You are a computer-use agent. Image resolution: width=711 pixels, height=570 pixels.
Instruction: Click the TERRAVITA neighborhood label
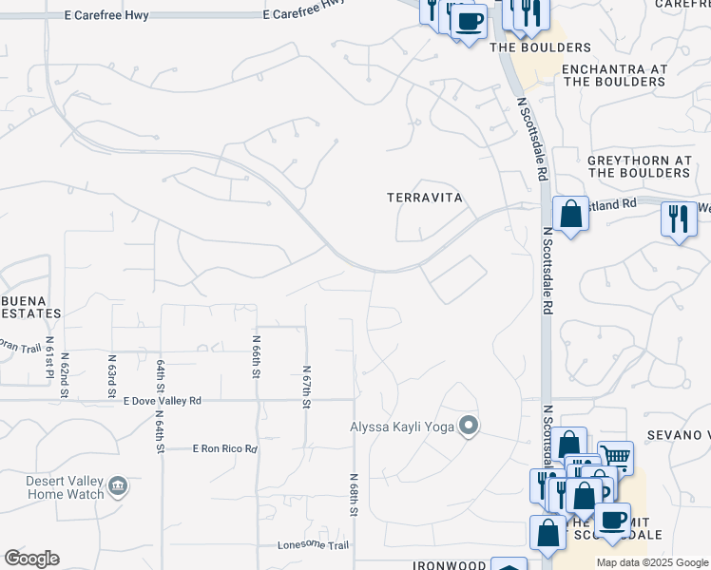(424, 198)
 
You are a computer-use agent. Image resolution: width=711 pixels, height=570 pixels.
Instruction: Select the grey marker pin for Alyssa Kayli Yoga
(468, 427)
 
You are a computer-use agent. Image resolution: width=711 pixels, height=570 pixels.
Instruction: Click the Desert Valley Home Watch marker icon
(118, 487)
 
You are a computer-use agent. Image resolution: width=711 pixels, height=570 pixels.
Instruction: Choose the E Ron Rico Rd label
(224, 448)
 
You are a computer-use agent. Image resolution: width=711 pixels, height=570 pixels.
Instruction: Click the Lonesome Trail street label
(313, 545)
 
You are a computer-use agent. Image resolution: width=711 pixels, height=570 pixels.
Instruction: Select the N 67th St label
(306, 387)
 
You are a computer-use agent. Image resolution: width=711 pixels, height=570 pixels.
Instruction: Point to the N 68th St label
(354, 495)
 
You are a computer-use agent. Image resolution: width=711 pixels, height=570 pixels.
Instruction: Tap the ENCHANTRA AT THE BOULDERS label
(614, 76)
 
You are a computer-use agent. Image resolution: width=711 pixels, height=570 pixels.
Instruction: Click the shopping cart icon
(616, 459)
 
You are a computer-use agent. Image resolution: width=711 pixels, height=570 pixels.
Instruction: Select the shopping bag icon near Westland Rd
(570, 213)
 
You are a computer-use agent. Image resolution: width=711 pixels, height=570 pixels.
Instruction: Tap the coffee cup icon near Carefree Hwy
(469, 19)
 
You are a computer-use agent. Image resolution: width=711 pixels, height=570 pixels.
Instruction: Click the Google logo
(31, 559)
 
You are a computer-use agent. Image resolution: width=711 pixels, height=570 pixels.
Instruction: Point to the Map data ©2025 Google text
(651, 562)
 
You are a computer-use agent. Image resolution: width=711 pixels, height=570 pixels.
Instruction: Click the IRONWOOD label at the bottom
(448, 565)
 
